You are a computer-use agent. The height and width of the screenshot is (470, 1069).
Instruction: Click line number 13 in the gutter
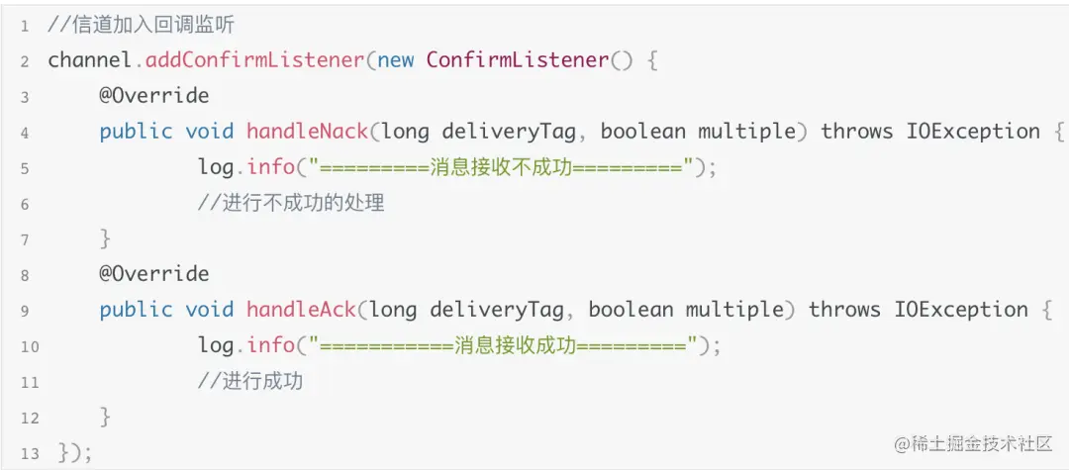click(29, 453)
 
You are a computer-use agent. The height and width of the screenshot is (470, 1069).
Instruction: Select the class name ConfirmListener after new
click(517, 60)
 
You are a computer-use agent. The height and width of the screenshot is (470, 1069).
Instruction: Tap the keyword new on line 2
click(396, 60)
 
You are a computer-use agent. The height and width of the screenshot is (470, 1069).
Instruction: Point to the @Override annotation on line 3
click(153, 96)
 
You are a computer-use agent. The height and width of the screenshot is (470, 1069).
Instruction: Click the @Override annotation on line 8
click(153, 274)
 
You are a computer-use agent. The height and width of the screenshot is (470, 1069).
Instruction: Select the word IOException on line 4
click(973, 132)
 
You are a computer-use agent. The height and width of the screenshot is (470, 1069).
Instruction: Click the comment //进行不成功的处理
click(290, 204)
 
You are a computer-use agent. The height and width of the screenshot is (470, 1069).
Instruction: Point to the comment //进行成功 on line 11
click(249, 381)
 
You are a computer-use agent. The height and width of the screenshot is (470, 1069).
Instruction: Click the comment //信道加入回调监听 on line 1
click(141, 25)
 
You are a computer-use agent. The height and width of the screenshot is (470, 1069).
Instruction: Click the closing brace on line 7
click(105, 238)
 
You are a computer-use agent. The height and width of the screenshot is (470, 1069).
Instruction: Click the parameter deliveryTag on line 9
click(505, 310)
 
